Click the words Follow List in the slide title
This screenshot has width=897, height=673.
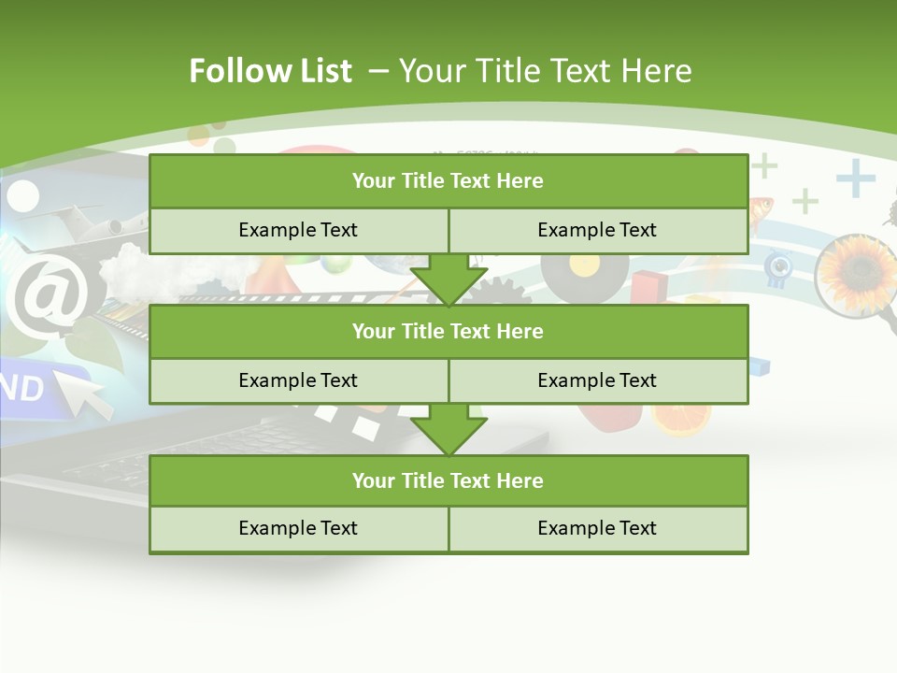pyautogui.click(x=270, y=71)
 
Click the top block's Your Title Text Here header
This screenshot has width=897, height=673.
pyautogui.click(x=448, y=181)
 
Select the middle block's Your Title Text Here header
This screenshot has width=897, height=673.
pyautogui.click(x=448, y=331)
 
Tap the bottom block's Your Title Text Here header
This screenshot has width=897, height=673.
pyautogui.click(x=448, y=480)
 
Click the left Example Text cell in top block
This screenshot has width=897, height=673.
pyautogui.click(x=298, y=230)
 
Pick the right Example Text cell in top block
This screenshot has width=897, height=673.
pyautogui.click(x=597, y=230)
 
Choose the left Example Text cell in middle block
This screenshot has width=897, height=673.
pyautogui.click(x=298, y=380)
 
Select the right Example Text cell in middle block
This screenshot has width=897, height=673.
pyautogui.click(x=597, y=380)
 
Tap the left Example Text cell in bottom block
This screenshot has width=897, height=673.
pyautogui.click(x=298, y=528)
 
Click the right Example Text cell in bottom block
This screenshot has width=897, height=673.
pyautogui.click(x=597, y=528)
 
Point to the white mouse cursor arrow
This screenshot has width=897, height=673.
pyautogui.click(x=84, y=391)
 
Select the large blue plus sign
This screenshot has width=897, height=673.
pyautogui.click(x=855, y=178)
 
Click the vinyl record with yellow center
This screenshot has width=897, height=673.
pyautogui.click(x=584, y=271)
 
